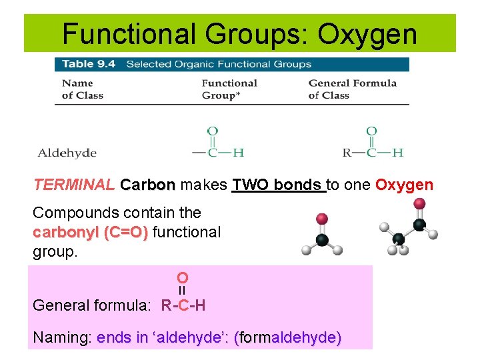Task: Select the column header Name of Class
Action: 77,89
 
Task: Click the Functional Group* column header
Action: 229,89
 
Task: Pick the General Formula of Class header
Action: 352,89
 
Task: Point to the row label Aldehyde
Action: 67,153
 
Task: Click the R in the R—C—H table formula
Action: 347,153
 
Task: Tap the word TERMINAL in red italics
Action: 73,185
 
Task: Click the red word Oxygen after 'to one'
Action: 404,185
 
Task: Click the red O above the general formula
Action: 182,277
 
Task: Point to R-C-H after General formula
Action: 183,305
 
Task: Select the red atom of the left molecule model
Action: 321,219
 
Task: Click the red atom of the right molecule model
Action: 419,203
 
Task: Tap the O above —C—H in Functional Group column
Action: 212,131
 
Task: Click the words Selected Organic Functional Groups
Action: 219,65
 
